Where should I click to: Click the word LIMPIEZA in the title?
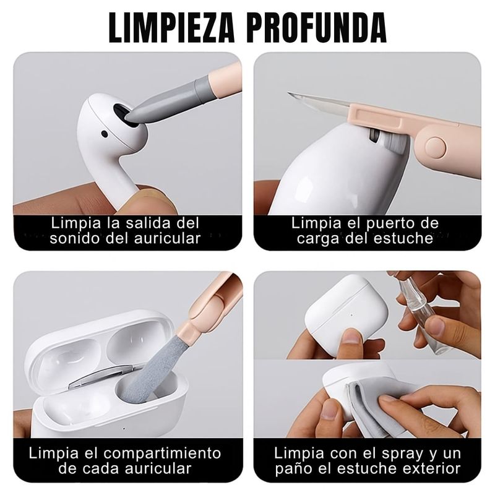[x=172, y=28]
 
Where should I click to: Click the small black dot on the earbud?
[x=105, y=134]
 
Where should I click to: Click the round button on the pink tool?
[x=436, y=147]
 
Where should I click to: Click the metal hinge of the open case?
[x=100, y=377]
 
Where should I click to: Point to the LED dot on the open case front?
[x=124, y=429]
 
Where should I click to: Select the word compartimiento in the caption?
[x=162, y=454]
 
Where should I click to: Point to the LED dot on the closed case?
[x=351, y=315]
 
